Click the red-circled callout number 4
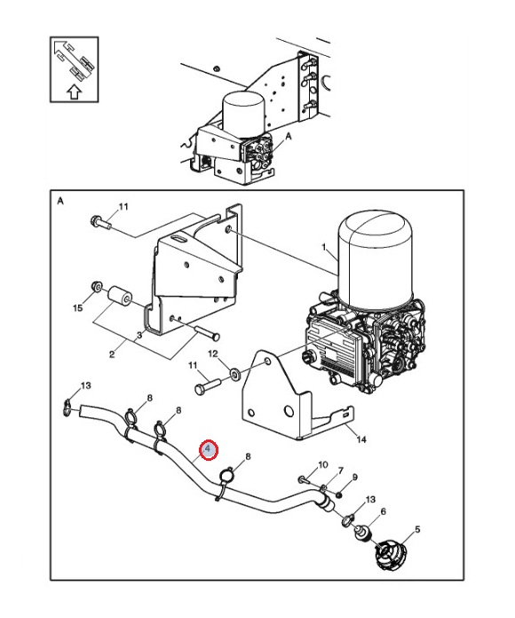click(x=209, y=449)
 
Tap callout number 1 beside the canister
click(x=324, y=247)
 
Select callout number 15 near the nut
click(x=78, y=307)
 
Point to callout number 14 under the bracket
click(x=360, y=439)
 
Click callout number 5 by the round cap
click(x=417, y=529)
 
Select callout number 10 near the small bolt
click(x=322, y=464)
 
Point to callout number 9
click(x=354, y=478)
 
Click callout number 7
click(x=340, y=471)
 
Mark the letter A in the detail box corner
click(x=60, y=202)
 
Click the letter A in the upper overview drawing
click(x=289, y=137)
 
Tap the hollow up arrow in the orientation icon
click(x=74, y=92)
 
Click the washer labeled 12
click(x=235, y=372)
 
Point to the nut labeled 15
click(x=96, y=286)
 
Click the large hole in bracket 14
click(x=289, y=411)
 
